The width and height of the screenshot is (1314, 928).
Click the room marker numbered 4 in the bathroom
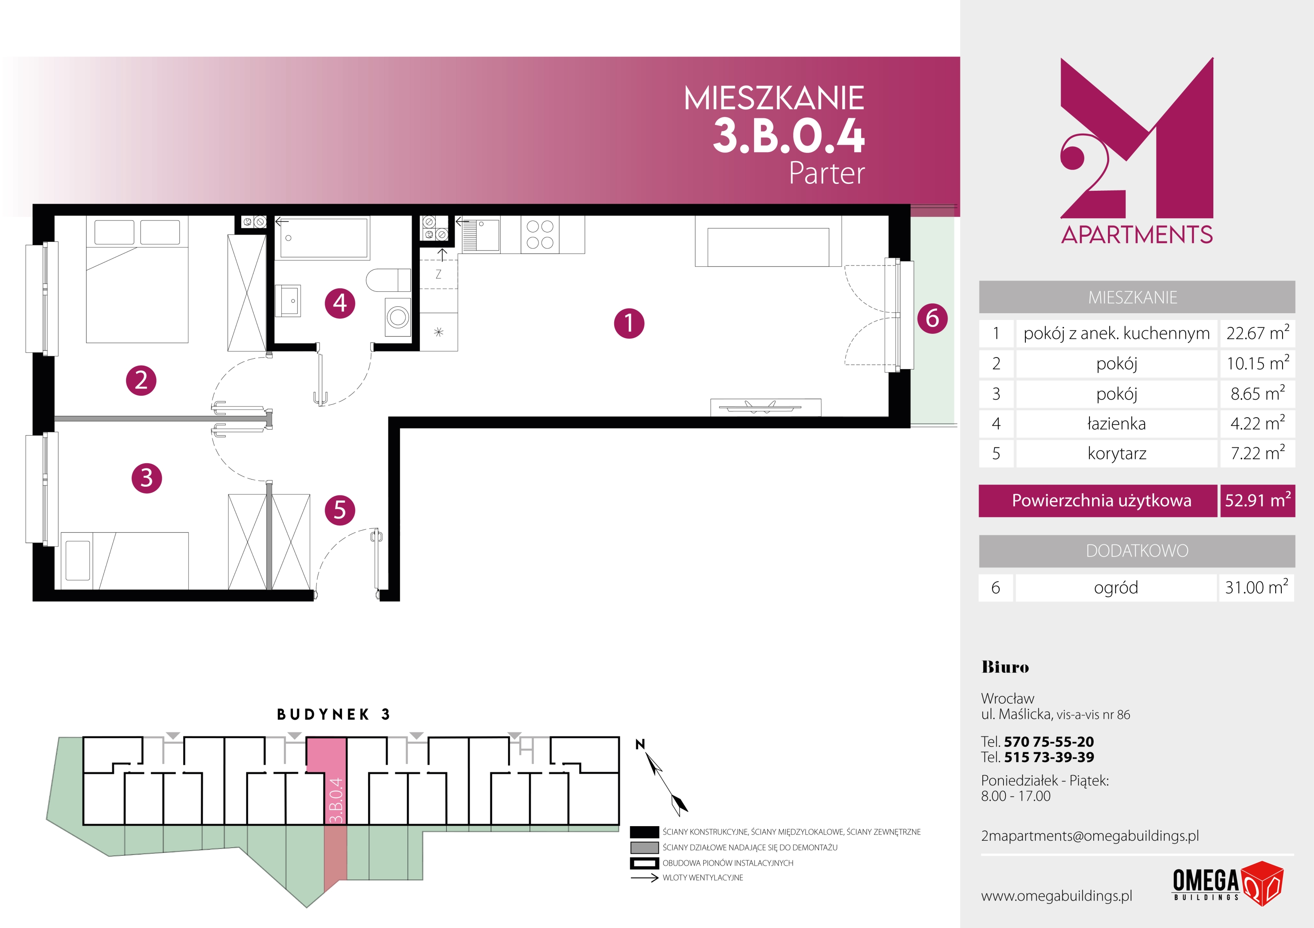pos(340,303)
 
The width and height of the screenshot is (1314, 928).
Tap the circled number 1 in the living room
pos(629,323)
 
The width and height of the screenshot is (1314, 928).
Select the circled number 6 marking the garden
pos(932,318)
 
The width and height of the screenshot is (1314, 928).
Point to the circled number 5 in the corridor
pos(340,510)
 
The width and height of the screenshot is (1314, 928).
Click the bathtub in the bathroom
pos(323,238)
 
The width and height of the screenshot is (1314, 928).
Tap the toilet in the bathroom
pos(388,281)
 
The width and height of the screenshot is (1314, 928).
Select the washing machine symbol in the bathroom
pos(398,317)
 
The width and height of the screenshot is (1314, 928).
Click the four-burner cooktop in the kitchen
pos(540,235)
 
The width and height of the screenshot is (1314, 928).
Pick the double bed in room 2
pos(137,279)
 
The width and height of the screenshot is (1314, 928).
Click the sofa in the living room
pos(768,241)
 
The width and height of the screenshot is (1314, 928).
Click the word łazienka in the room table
pos(1117,424)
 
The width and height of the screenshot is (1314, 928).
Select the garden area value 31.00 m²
pos(1257,587)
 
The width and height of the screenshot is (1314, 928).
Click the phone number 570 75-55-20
pos(1049,742)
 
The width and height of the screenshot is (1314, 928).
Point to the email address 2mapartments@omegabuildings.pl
pos(1089,836)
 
